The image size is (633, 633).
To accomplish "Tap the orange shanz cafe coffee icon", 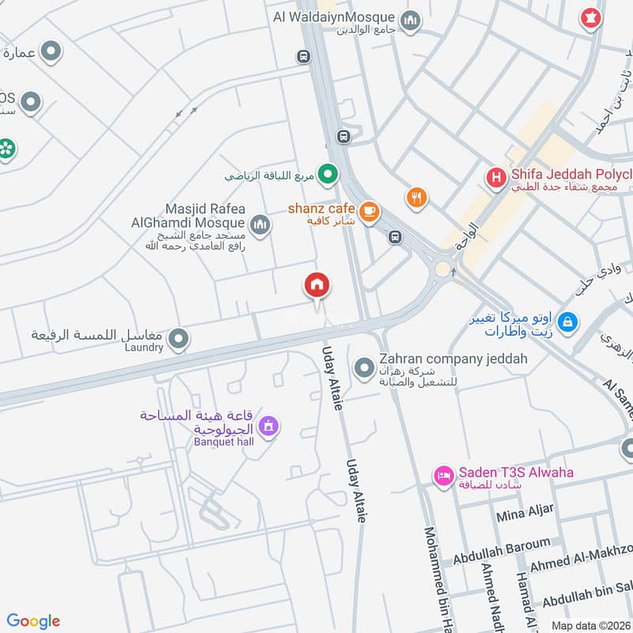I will pyautogui.click(x=369, y=211).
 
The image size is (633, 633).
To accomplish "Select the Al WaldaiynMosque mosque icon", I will pyautogui.click(x=410, y=20).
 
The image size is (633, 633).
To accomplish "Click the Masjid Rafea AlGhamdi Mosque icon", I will pyautogui.click(x=260, y=225).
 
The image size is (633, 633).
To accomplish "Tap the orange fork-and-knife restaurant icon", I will pyautogui.click(x=416, y=198).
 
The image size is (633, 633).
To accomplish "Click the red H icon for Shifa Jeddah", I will pyautogui.click(x=495, y=177).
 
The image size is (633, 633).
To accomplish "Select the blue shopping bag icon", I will pyautogui.click(x=567, y=322).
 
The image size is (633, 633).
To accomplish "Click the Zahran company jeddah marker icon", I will pyautogui.click(x=364, y=367).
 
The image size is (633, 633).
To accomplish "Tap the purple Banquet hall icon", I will pyautogui.click(x=269, y=427).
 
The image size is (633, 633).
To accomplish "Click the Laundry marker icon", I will pyautogui.click(x=179, y=339).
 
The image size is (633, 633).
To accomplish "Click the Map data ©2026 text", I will pyautogui.click(x=590, y=625).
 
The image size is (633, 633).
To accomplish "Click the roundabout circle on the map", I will pyautogui.click(x=442, y=269).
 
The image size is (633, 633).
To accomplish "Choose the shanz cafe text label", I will pyautogui.click(x=320, y=207).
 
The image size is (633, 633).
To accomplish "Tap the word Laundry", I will pyautogui.click(x=144, y=347).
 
